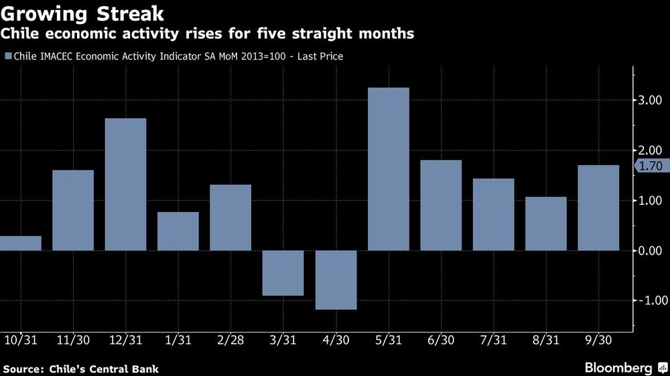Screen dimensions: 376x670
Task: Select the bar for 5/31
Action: pyautogui.click(x=389, y=169)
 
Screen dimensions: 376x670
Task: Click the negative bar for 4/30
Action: pyautogui.click(x=336, y=280)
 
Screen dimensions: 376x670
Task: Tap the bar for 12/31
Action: pyautogui.click(x=125, y=185)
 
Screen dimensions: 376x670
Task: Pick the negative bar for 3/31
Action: pyautogui.click(x=283, y=273)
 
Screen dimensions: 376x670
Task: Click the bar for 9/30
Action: pyautogui.click(x=598, y=208)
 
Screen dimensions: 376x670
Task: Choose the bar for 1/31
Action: pyautogui.click(x=178, y=231)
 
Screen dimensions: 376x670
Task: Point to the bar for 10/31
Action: pyautogui.click(x=20, y=244)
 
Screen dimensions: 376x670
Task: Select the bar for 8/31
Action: pyautogui.click(x=546, y=224)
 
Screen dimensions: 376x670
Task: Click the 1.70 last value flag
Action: pyautogui.click(x=651, y=166)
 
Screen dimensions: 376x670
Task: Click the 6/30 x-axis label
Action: pyautogui.click(x=441, y=340)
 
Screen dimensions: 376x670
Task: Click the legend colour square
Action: pyautogui.click(x=7, y=57)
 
